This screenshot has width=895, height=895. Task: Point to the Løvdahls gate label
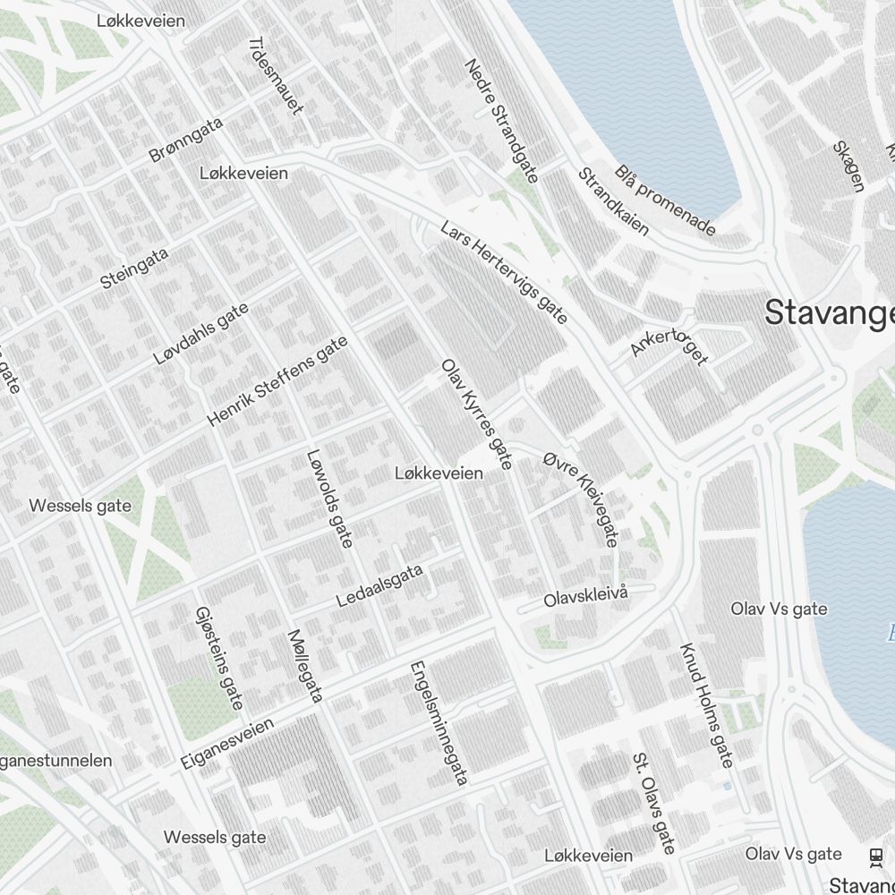(x=200, y=333)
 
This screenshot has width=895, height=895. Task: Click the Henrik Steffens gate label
(x=277, y=380)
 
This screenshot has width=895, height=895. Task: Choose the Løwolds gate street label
(x=329, y=497)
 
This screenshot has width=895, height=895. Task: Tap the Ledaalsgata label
(x=379, y=586)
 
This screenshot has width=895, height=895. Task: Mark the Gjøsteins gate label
(x=219, y=657)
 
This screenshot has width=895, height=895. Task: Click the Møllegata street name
(x=304, y=665)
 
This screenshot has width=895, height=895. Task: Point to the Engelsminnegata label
(x=439, y=723)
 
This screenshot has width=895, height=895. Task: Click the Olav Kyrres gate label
(x=477, y=414)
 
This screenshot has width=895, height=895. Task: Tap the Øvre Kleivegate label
(x=581, y=499)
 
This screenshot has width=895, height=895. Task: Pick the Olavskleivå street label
(x=587, y=597)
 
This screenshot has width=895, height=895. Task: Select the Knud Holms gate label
(x=706, y=705)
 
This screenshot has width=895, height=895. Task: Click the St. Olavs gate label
(x=654, y=803)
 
